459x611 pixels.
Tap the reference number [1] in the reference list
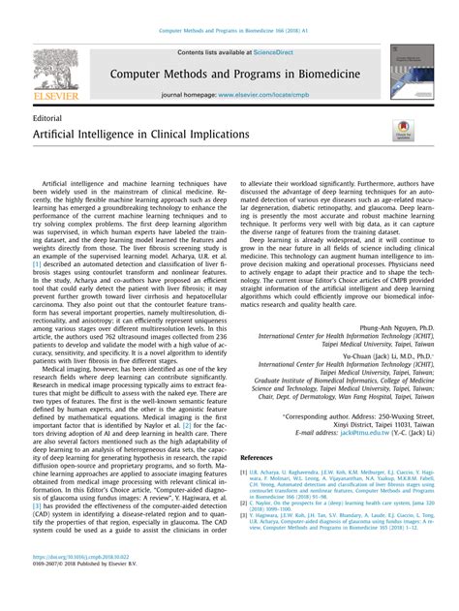click(243, 474)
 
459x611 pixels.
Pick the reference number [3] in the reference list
click(243, 515)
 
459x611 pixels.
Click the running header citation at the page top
click(229, 31)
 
